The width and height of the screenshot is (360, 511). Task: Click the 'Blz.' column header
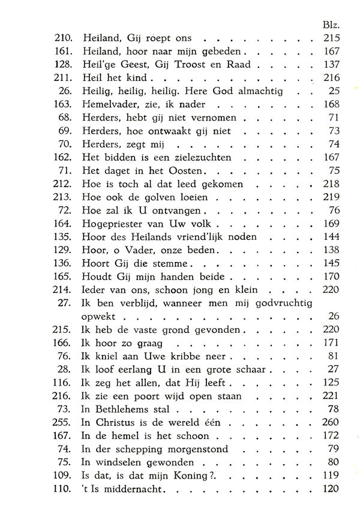click(331, 26)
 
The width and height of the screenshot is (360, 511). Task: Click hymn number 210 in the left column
click(62, 38)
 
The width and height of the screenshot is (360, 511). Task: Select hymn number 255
click(62, 423)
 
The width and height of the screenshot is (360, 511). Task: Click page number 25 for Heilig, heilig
click(334, 91)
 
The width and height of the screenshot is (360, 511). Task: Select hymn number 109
click(62, 476)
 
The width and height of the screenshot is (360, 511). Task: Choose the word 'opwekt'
click(100, 317)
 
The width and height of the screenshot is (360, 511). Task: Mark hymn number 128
click(62, 64)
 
